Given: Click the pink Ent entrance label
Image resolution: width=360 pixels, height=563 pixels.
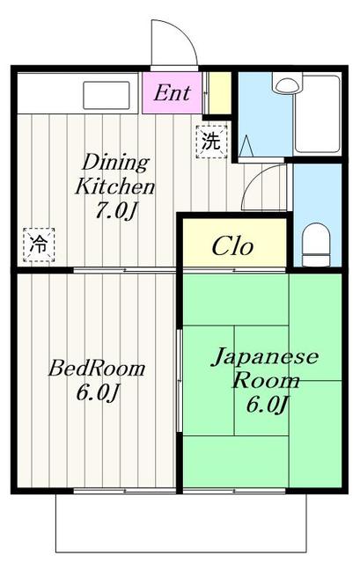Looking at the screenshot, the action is click(x=173, y=93).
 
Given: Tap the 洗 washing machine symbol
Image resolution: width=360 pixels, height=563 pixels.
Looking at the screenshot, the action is click(x=211, y=142).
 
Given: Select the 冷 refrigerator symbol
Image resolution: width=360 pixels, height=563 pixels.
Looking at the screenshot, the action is click(x=39, y=245).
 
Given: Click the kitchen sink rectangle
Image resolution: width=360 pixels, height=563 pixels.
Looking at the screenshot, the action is click(x=107, y=95).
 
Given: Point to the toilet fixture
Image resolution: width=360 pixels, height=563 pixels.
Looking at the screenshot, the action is click(x=317, y=245).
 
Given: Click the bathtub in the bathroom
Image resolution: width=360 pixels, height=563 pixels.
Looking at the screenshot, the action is click(x=317, y=113).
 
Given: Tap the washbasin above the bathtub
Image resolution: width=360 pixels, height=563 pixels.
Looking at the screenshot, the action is click(x=287, y=83).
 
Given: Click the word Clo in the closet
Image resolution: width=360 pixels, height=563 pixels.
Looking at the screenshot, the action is click(x=233, y=246).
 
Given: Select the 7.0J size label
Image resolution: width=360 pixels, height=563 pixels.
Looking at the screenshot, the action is click(x=115, y=210).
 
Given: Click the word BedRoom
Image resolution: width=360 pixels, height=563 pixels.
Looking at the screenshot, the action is click(x=97, y=369).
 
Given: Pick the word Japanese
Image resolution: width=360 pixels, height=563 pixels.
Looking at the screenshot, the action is click(x=265, y=357).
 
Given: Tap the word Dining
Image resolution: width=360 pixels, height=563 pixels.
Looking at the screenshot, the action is click(x=115, y=164).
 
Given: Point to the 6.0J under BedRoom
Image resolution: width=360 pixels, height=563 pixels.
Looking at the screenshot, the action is click(x=97, y=392).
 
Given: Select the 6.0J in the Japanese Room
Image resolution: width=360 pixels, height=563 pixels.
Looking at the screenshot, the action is click(x=268, y=405).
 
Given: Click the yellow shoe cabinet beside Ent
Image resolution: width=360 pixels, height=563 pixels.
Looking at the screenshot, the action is click(x=219, y=93).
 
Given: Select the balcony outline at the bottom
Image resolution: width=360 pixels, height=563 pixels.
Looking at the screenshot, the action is click(x=181, y=552).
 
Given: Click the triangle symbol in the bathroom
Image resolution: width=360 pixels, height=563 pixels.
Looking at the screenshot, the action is click(x=246, y=146).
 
